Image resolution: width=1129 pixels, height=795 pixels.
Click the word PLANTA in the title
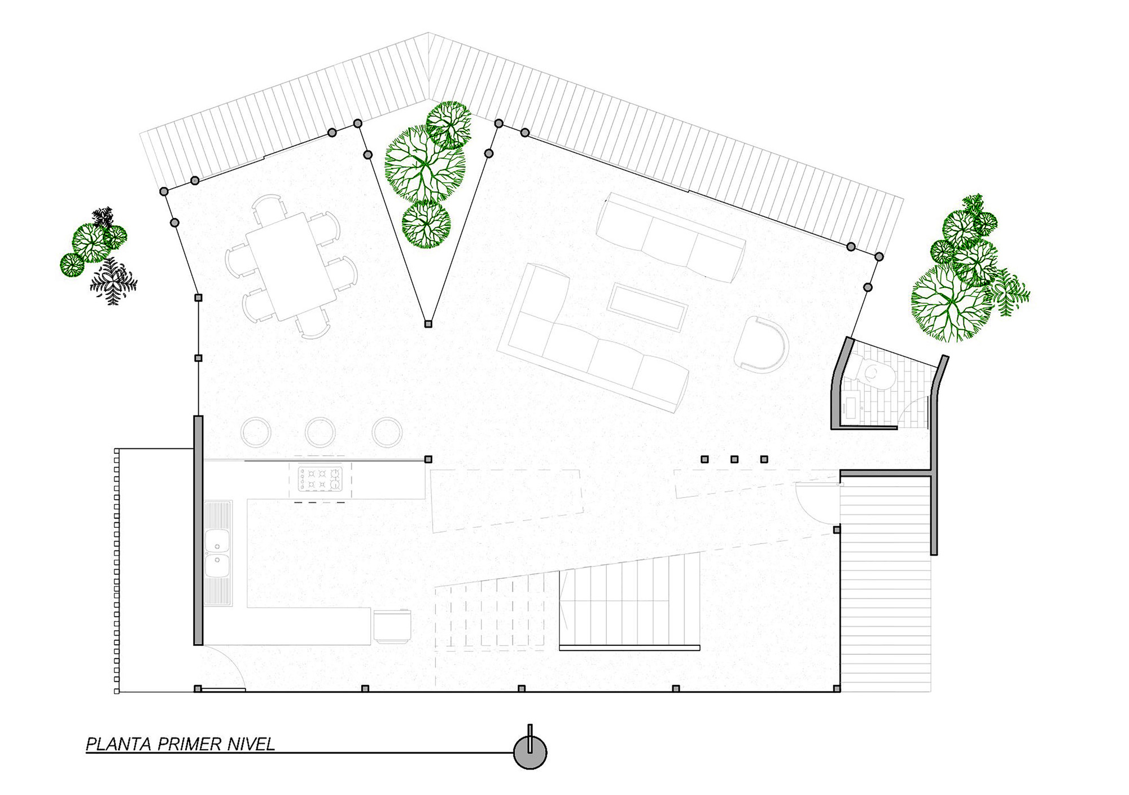[119, 744]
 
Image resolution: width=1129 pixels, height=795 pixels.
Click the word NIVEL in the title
[251, 744]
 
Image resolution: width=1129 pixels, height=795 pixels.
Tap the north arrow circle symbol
[530, 753]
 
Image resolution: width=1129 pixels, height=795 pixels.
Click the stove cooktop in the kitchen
[320, 478]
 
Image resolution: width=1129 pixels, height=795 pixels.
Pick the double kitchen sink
[217, 553]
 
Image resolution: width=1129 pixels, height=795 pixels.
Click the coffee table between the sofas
[647, 307]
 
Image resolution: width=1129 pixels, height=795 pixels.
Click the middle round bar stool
[320, 433]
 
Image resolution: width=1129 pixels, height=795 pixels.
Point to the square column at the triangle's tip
[428, 324]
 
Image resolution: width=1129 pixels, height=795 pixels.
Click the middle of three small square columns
[734, 460]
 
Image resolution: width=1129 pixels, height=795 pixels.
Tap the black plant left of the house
[113, 281]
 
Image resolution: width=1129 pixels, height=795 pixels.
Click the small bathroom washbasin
[850, 408]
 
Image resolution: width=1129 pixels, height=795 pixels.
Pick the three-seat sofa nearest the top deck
[670, 238]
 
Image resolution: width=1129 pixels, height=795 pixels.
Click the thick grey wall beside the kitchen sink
[198, 531]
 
